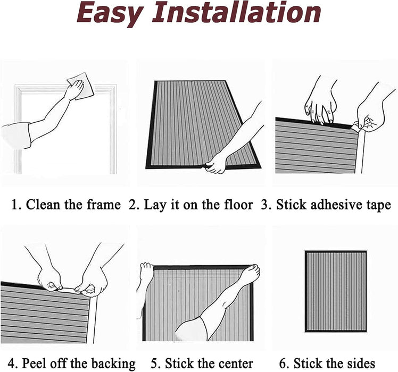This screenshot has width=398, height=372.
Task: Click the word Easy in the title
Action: [x=110, y=13]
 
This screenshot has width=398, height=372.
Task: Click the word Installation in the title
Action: [x=236, y=12]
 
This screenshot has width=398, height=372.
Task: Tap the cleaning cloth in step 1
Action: [x=81, y=86]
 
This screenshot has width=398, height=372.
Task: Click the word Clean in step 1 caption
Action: [x=42, y=205]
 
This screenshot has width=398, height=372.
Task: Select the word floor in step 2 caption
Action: [x=238, y=205]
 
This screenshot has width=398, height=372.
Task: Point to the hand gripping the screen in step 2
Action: [x=216, y=164]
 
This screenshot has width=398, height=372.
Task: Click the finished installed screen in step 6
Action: [x=336, y=291]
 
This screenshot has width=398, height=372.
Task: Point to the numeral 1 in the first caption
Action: [x=14, y=205]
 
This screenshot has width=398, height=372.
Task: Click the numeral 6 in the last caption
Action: [x=283, y=363]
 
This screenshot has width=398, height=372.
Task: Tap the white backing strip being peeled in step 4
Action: [x=67, y=290]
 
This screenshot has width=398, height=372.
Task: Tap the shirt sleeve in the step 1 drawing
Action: [x=16, y=135]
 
